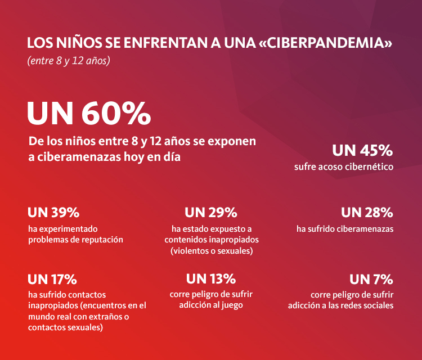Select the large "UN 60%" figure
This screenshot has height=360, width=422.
pyautogui.click(x=89, y=114)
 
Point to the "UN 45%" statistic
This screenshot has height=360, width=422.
pyautogui.click(x=362, y=151)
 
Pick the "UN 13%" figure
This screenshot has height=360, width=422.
pyautogui.click(x=211, y=279)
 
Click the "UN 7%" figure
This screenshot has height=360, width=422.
pyautogui.click(x=371, y=279)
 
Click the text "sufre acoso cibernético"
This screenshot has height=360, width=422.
pyautogui.click(x=343, y=167)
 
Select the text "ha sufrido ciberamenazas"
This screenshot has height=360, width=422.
pyautogui.click(x=345, y=229)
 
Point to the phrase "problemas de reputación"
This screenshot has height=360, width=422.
pyautogui.click(x=75, y=240)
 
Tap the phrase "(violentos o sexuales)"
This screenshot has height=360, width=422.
pyautogui.click(x=211, y=250)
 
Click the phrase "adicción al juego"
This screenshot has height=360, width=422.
pyautogui.click(x=211, y=305)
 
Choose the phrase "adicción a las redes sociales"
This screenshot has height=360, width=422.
pyautogui.click(x=340, y=305)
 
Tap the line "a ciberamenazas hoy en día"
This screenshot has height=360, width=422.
pyautogui.click(x=104, y=157)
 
